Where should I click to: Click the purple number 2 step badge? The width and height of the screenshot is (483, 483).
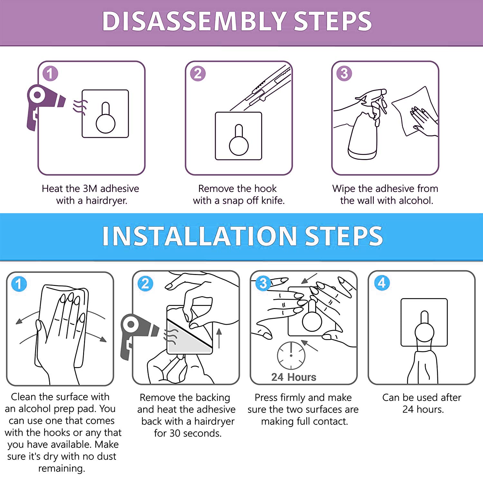pos(198,73)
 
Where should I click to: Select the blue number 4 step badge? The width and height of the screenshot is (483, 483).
pos(382,283)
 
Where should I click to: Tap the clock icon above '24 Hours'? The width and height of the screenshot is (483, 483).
pos(291,355)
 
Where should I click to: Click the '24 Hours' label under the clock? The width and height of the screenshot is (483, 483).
pos(294,377)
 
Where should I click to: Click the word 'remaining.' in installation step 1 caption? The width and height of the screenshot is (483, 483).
pos(62,468)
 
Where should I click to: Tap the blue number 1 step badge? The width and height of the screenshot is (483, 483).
pos(19,284)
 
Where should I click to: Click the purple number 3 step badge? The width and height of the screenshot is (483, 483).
pos(344,73)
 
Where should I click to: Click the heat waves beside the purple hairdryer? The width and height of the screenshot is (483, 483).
pos(80,107)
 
